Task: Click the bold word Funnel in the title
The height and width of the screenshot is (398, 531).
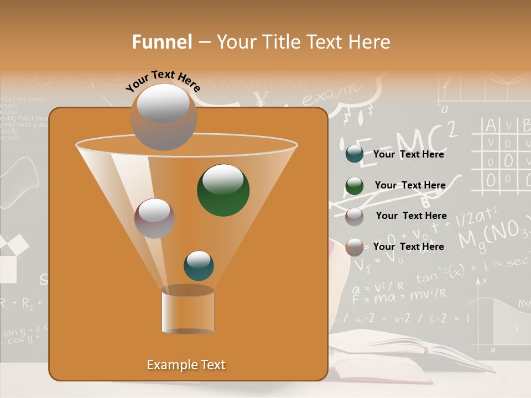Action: [x=162, y=42]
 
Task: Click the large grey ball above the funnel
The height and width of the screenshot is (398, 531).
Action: [x=163, y=117]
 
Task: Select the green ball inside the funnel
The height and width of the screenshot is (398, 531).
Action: [x=223, y=190]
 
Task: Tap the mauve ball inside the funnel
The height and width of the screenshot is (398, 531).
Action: [x=154, y=218]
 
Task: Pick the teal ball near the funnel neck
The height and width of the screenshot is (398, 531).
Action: [x=199, y=266]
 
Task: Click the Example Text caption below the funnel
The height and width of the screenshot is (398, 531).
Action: [x=186, y=365]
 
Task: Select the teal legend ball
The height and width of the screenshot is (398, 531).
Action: [x=354, y=154]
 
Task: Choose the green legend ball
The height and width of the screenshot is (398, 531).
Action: [x=354, y=185]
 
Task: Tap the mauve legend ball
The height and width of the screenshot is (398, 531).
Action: [x=354, y=216]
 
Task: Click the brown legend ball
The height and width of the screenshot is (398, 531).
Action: [x=354, y=247]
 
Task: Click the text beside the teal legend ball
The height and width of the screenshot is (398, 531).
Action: [x=408, y=154]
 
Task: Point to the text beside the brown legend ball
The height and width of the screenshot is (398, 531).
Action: [x=408, y=247]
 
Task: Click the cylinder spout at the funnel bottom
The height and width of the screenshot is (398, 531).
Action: [x=188, y=312]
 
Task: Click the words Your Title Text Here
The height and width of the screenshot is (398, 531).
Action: [x=303, y=42]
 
